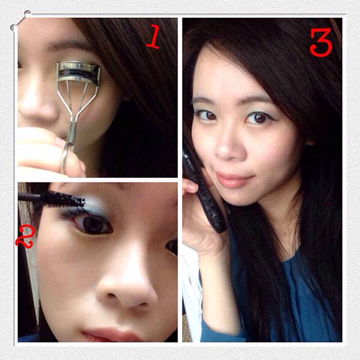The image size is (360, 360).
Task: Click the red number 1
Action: pyautogui.click(x=154, y=37)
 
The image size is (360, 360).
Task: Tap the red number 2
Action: pyautogui.click(x=25, y=237)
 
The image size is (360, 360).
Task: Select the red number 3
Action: pyautogui.click(x=321, y=43)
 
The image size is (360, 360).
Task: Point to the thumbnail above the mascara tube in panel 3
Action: pyautogui.click(x=190, y=186)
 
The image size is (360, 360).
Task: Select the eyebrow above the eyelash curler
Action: pyautogui.click(x=67, y=46)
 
